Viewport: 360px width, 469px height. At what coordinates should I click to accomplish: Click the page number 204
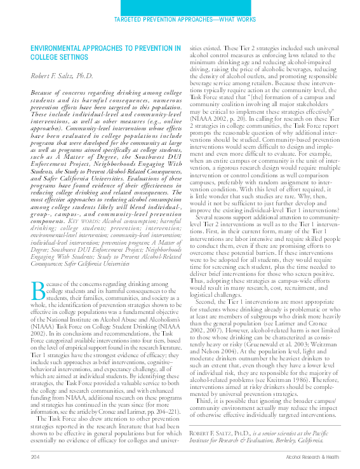pos(35,456)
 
